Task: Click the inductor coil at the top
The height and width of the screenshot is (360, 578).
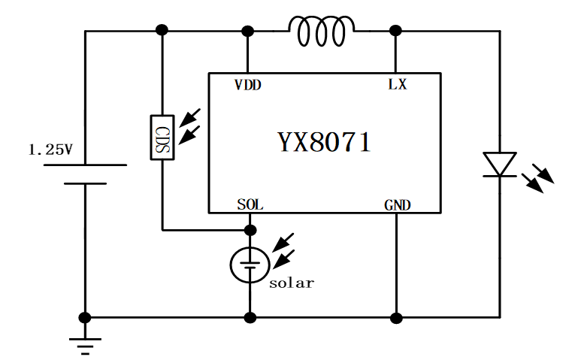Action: click(322, 31)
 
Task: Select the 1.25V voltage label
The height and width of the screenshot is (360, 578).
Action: click(50, 150)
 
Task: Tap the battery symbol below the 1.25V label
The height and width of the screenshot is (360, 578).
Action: click(85, 174)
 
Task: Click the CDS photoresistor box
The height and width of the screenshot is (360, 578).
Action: click(162, 137)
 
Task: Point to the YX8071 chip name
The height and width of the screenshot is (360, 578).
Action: click(324, 142)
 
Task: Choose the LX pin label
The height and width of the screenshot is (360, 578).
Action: click(397, 85)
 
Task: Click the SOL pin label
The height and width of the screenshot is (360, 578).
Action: click(250, 204)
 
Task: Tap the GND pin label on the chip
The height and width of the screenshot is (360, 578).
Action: click(397, 204)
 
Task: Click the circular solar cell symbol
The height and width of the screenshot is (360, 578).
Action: click(249, 265)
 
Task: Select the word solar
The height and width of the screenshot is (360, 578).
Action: click(292, 283)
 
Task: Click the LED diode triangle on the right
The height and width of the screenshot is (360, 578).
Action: click(499, 164)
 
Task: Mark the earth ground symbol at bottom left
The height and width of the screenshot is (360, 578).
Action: click(85, 345)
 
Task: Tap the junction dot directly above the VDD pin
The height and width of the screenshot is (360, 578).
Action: click(247, 31)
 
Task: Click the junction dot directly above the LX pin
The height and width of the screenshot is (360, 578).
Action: click(396, 31)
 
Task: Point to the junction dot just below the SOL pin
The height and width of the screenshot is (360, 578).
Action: click(250, 229)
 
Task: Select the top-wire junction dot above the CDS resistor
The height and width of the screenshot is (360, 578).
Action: click(162, 30)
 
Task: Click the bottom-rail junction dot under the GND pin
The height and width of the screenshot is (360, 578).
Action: click(396, 317)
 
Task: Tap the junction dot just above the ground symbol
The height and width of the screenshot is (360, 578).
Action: click(85, 317)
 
